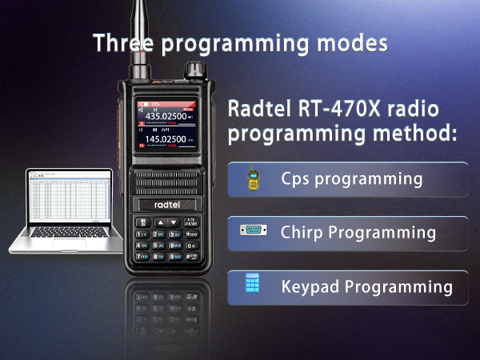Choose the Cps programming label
351,178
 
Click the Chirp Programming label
358,233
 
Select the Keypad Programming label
366,286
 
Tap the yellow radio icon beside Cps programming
254,179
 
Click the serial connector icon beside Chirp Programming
253,232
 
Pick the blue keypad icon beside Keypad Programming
253,285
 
